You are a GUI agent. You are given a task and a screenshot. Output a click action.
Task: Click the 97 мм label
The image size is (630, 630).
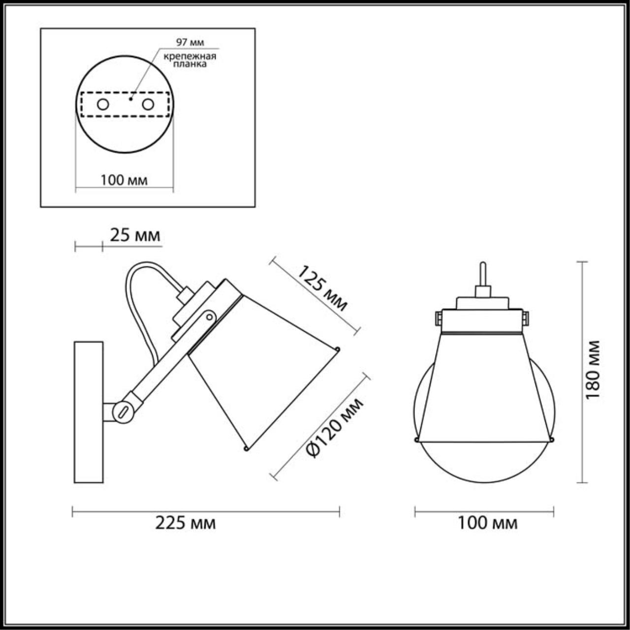point(190,42)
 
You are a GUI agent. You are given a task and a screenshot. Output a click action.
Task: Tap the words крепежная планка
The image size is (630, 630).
point(190,60)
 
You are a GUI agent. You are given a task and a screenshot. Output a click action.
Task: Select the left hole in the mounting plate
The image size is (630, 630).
point(103,105)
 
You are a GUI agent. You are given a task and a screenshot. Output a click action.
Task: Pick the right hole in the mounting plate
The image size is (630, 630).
point(148,105)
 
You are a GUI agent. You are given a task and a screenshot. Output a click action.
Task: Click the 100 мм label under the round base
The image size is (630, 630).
point(124,180)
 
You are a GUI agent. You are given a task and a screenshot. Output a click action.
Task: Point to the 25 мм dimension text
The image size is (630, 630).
point(135,235)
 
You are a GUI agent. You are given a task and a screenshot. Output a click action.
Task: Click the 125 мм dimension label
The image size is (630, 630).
point(322,288)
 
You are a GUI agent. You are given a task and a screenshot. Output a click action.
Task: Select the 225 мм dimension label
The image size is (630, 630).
point(186,523)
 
